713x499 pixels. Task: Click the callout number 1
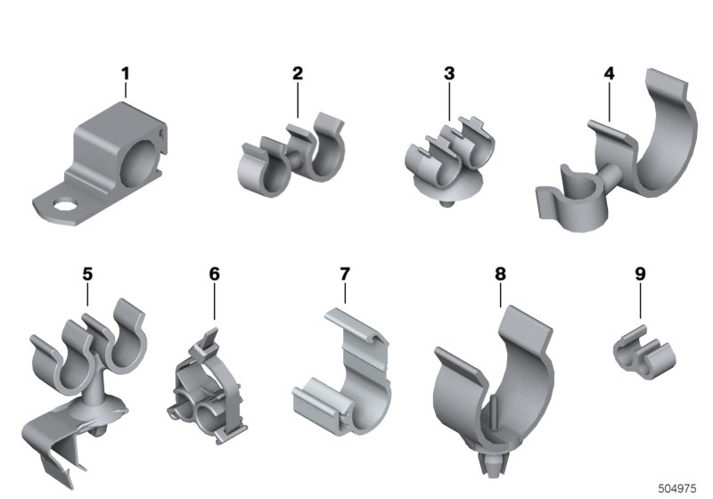[125, 74]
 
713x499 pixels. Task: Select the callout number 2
[298, 73]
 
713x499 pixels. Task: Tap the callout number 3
[449, 73]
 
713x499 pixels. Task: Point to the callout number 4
[610, 73]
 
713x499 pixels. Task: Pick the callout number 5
[87, 274]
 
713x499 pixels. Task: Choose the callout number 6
[214, 274]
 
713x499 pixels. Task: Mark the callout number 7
[345, 274]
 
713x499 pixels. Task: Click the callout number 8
[500, 274]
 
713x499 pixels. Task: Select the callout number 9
[640, 274]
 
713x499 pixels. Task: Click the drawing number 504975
[677, 488]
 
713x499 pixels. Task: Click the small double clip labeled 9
[643, 351]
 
